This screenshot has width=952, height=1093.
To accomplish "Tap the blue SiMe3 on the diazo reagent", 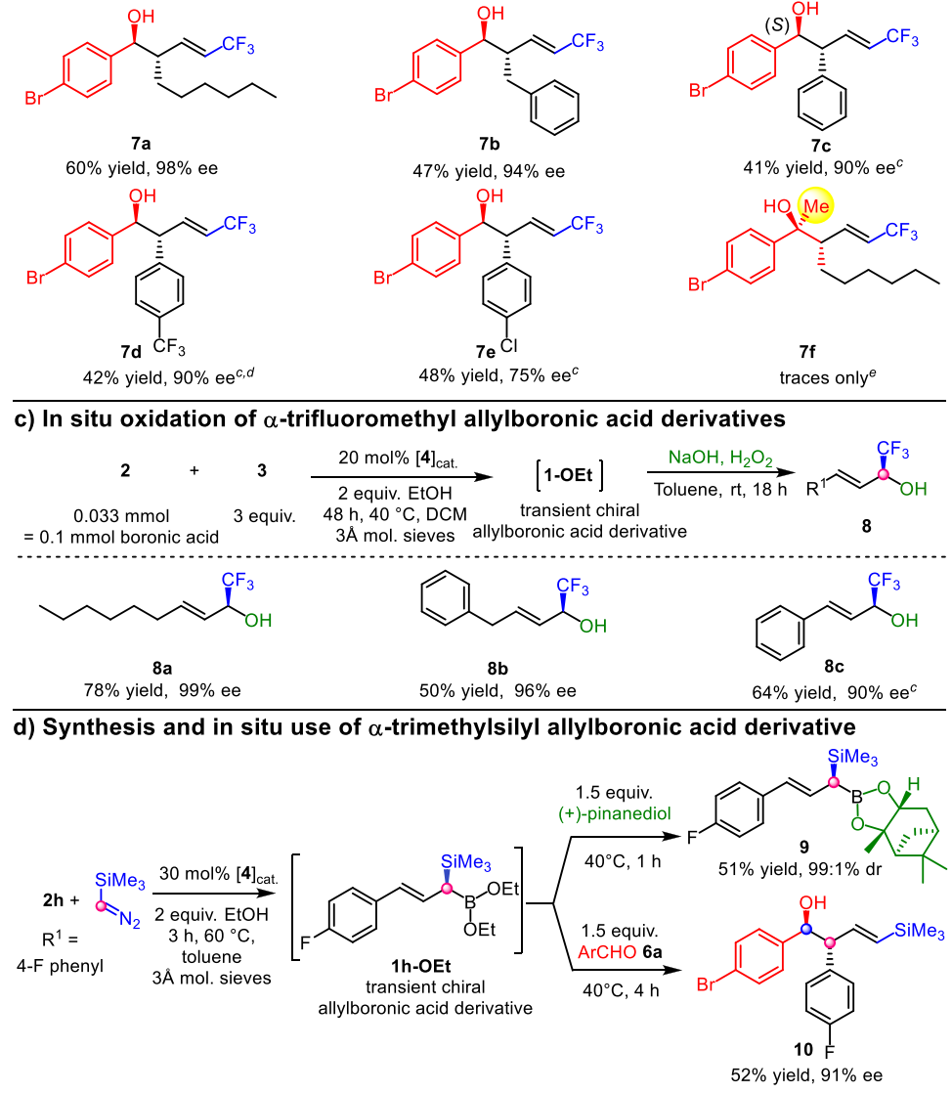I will click(x=123, y=829).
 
